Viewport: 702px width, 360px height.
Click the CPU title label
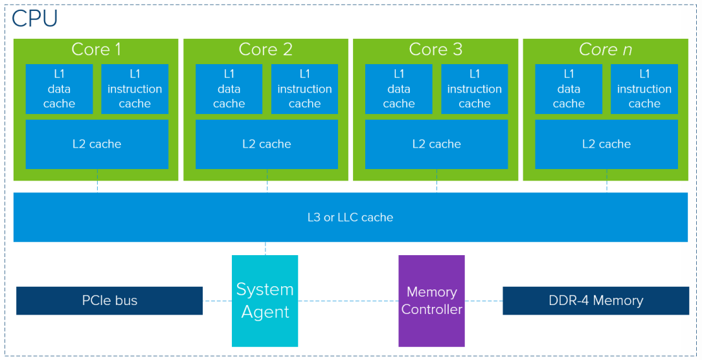(x=34, y=19)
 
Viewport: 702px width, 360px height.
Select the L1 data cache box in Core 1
(x=59, y=89)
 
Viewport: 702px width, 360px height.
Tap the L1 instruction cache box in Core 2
(x=304, y=89)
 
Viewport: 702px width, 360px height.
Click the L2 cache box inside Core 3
(x=436, y=144)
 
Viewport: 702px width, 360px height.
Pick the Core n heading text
(x=606, y=49)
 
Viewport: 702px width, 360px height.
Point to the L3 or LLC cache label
(x=350, y=218)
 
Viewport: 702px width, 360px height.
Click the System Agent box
(x=265, y=301)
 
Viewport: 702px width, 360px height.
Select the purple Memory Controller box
(x=431, y=301)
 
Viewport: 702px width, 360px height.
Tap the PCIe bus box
(x=109, y=300)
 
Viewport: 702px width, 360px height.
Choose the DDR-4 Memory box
(x=596, y=300)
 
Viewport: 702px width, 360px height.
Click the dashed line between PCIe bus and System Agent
(x=217, y=300)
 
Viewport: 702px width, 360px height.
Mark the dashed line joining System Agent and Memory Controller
(x=348, y=300)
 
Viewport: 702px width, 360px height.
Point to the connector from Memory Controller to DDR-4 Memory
(x=484, y=300)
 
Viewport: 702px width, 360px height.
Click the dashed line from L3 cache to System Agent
(x=266, y=249)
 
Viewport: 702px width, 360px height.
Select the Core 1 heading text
(x=96, y=49)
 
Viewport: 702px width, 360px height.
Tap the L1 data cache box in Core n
(x=569, y=89)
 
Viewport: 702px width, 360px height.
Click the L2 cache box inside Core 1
(x=97, y=144)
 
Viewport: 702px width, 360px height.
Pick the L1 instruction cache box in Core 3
(x=475, y=89)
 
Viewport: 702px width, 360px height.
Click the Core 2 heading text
(x=266, y=49)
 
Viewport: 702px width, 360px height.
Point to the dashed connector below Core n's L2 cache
(x=607, y=181)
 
